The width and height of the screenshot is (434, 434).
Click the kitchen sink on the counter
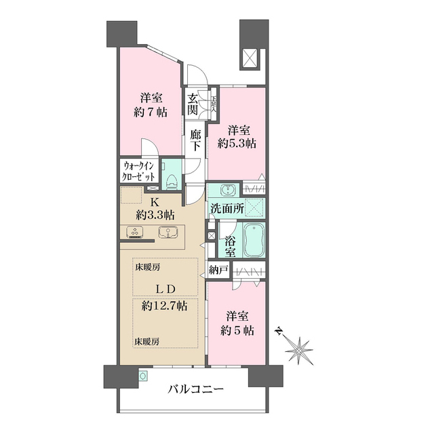(x=166, y=232)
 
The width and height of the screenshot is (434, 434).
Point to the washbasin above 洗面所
(x=227, y=189)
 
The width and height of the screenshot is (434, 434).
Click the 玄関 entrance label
(x=194, y=104)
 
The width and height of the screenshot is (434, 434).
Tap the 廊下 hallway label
(x=195, y=140)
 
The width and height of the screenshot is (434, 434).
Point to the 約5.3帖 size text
(x=237, y=143)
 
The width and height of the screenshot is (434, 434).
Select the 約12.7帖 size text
(x=165, y=305)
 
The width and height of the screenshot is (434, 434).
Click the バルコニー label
(x=196, y=390)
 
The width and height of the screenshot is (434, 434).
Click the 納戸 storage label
(x=218, y=269)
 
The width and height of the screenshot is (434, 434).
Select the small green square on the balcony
(x=143, y=375)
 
